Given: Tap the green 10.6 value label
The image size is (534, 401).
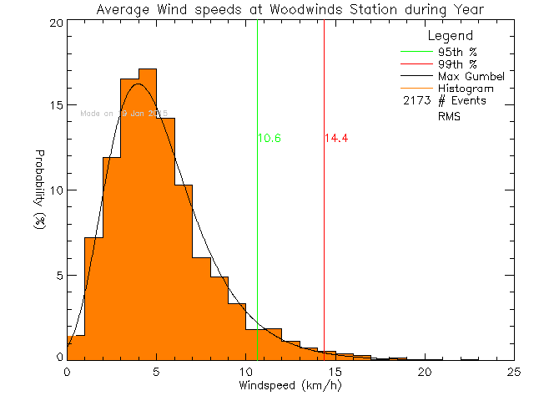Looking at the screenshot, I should coord(269,138).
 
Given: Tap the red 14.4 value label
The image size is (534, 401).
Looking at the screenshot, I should coord(335,138).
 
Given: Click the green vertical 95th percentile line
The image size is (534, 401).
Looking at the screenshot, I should coord(257,209).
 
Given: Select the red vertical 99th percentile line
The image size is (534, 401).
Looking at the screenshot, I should coord(324,209).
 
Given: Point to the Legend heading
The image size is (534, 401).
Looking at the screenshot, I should coord(450,37).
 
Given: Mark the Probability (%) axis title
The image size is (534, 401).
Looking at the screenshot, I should coord(39,191).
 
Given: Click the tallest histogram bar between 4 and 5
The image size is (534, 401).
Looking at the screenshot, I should coord(148,217).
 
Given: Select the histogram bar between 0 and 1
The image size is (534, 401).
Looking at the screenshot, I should coord(76,348).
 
